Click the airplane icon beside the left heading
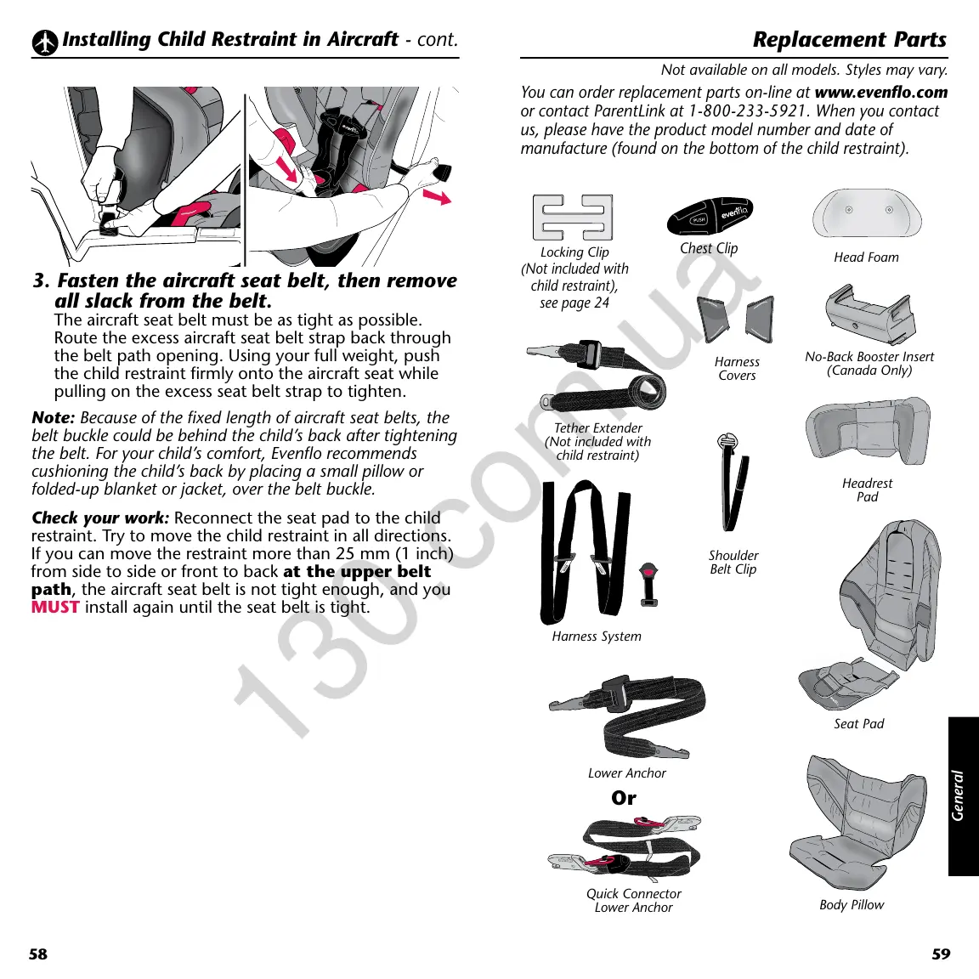pyautogui.click(x=45, y=42)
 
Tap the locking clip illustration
pyautogui.click(x=573, y=217)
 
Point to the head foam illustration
pyautogui.click(x=866, y=214)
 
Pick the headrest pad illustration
pyautogui.click(x=867, y=433)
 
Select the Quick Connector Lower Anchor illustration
pyautogui.click(x=625, y=848)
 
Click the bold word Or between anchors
pyautogui.click(x=624, y=798)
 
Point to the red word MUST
pyautogui.click(x=55, y=607)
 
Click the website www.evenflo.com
pyautogui.click(x=880, y=92)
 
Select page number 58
pyautogui.click(x=38, y=954)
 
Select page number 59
pyautogui.click(x=941, y=954)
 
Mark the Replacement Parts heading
pyautogui.click(x=849, y=40)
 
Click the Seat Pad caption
pyautogui.click(x=858, y=724)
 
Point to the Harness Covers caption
pyautogui.click(x=737, y=368)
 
